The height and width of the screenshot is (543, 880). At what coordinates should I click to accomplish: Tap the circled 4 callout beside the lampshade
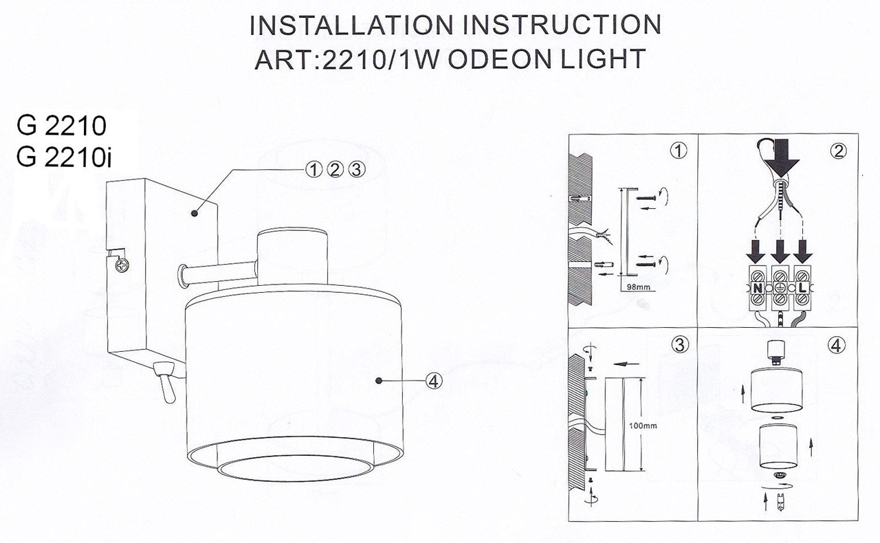[x=434, y=379]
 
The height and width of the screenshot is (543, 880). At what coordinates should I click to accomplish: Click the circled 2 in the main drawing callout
[x=335, y=169]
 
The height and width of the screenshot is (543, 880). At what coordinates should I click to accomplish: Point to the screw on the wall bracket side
[x=122, y=263]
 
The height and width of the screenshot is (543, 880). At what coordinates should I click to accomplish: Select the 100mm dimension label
[x=643, y=425]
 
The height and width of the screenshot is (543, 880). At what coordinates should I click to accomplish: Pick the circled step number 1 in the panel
[x=679, y=151]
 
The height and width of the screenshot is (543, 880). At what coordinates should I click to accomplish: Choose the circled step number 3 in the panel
[x=679, y=346]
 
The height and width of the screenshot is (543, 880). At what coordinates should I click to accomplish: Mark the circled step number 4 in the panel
[x=837, y=346]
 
